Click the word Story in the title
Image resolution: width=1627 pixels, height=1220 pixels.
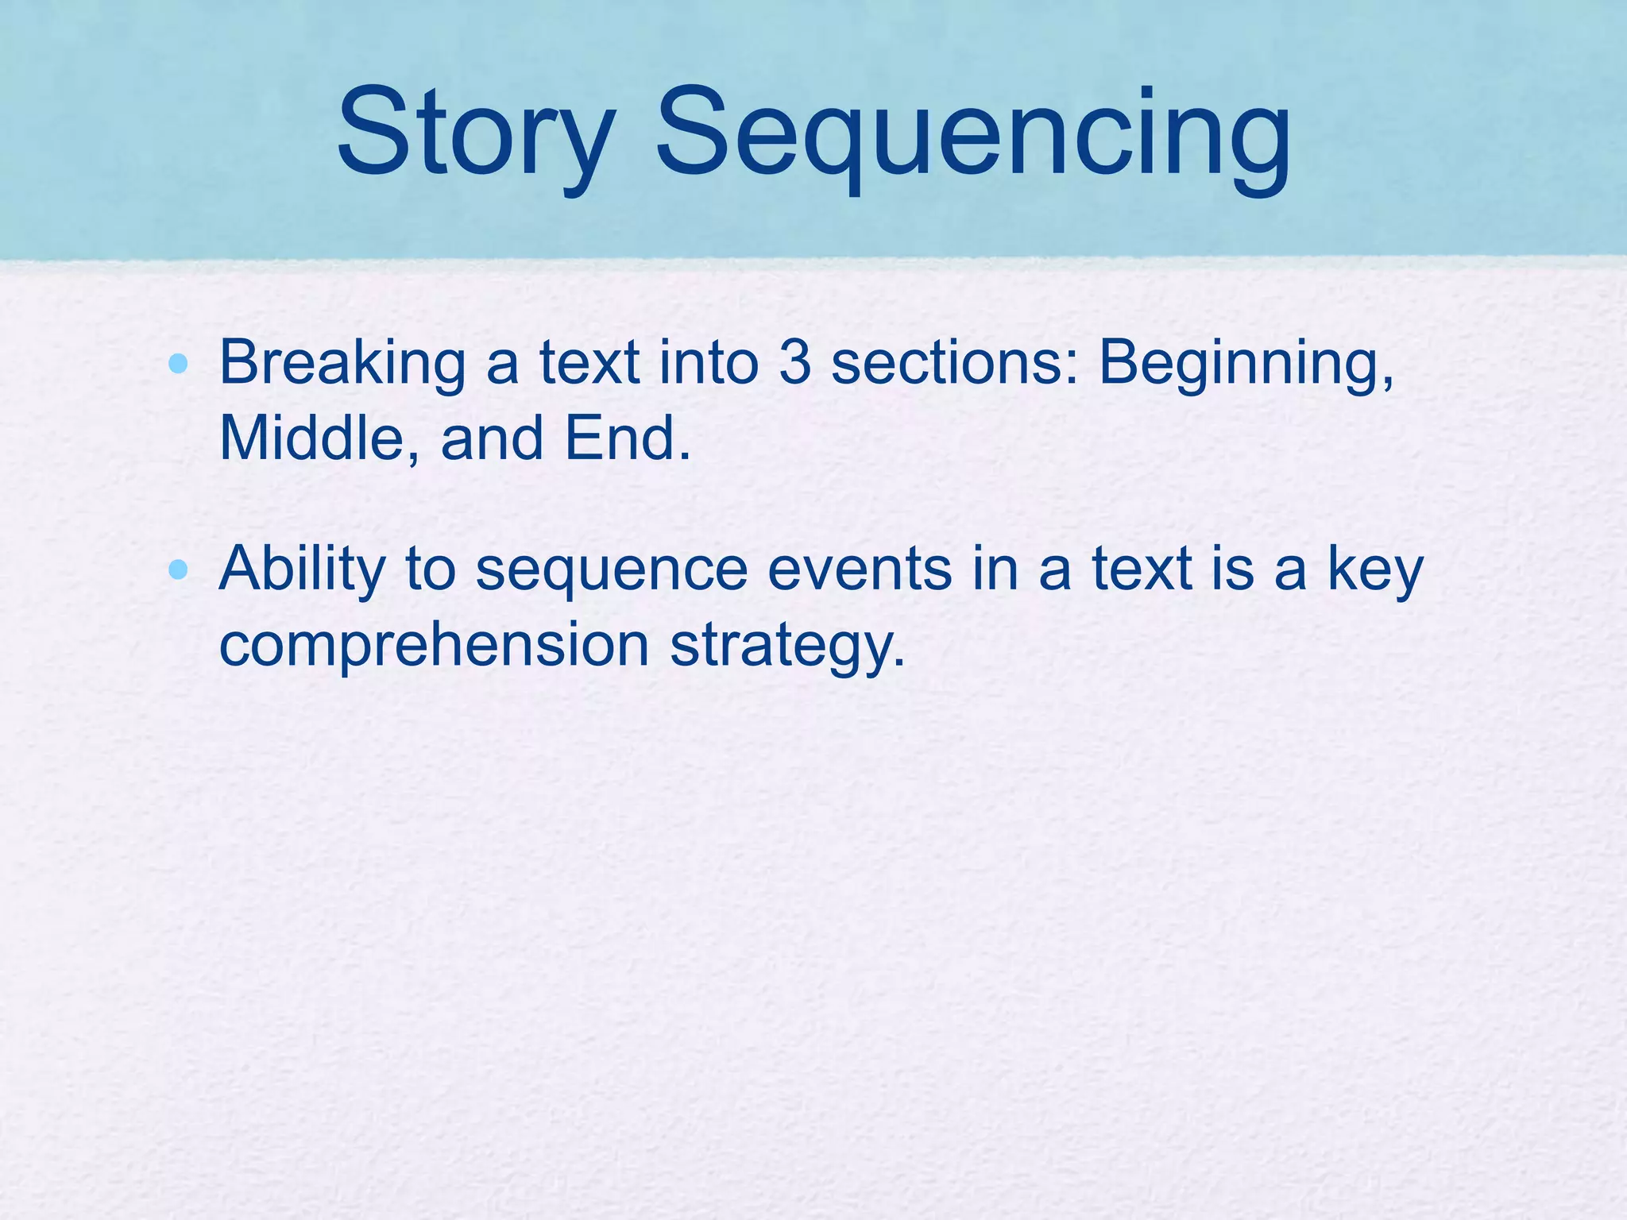click(x=476, y=133)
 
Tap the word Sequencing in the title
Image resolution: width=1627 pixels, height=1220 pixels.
click(x=972, y=133)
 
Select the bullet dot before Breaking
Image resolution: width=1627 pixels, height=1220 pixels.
click(x=179, y=365)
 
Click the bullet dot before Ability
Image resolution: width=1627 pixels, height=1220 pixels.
click(x=179, y=569)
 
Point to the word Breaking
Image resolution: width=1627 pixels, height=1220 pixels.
click(x=342, y=364)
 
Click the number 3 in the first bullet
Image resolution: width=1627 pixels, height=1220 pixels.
click(x=794, y=364)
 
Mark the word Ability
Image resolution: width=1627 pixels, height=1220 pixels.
click(x=302, y=569)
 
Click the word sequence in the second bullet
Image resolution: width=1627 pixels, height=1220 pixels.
click(x=612, y=569)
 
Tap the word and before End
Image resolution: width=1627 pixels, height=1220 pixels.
click(x=492, y=438)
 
